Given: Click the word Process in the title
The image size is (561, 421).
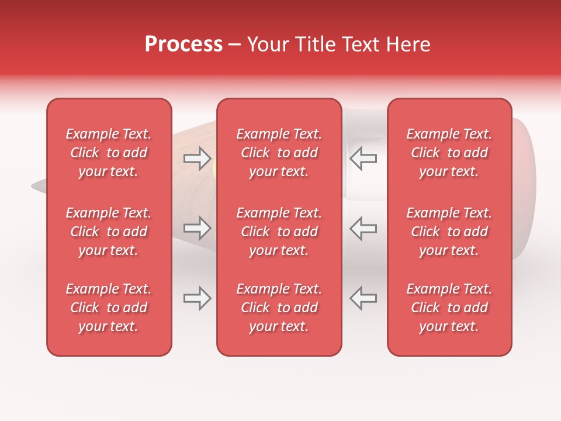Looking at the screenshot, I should [183, 44].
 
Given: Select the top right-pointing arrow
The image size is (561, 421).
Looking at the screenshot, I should [197, 158].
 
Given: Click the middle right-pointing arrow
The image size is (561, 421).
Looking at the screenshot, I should [197, 228].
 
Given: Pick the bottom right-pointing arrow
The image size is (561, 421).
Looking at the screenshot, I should [197, 298].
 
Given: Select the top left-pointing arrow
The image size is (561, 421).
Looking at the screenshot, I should [363, 158].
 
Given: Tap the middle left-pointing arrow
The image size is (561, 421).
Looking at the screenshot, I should [363, 228].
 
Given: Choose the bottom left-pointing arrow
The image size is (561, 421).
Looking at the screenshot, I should [363, 298].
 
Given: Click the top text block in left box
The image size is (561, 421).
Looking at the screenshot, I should [109, 153].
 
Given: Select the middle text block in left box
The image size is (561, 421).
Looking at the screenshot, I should [109, 232].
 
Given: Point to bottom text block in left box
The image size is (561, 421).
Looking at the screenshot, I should [109, 308].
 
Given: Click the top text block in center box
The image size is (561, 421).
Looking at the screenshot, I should [279, 153].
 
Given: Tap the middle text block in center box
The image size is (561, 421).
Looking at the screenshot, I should [279, 232].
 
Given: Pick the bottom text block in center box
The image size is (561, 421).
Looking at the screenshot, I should [279, 308].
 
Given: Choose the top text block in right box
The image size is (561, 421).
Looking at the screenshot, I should [449, 153].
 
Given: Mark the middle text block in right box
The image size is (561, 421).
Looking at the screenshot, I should [449, 232].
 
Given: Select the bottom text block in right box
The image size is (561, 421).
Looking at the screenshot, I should [449, 308].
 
